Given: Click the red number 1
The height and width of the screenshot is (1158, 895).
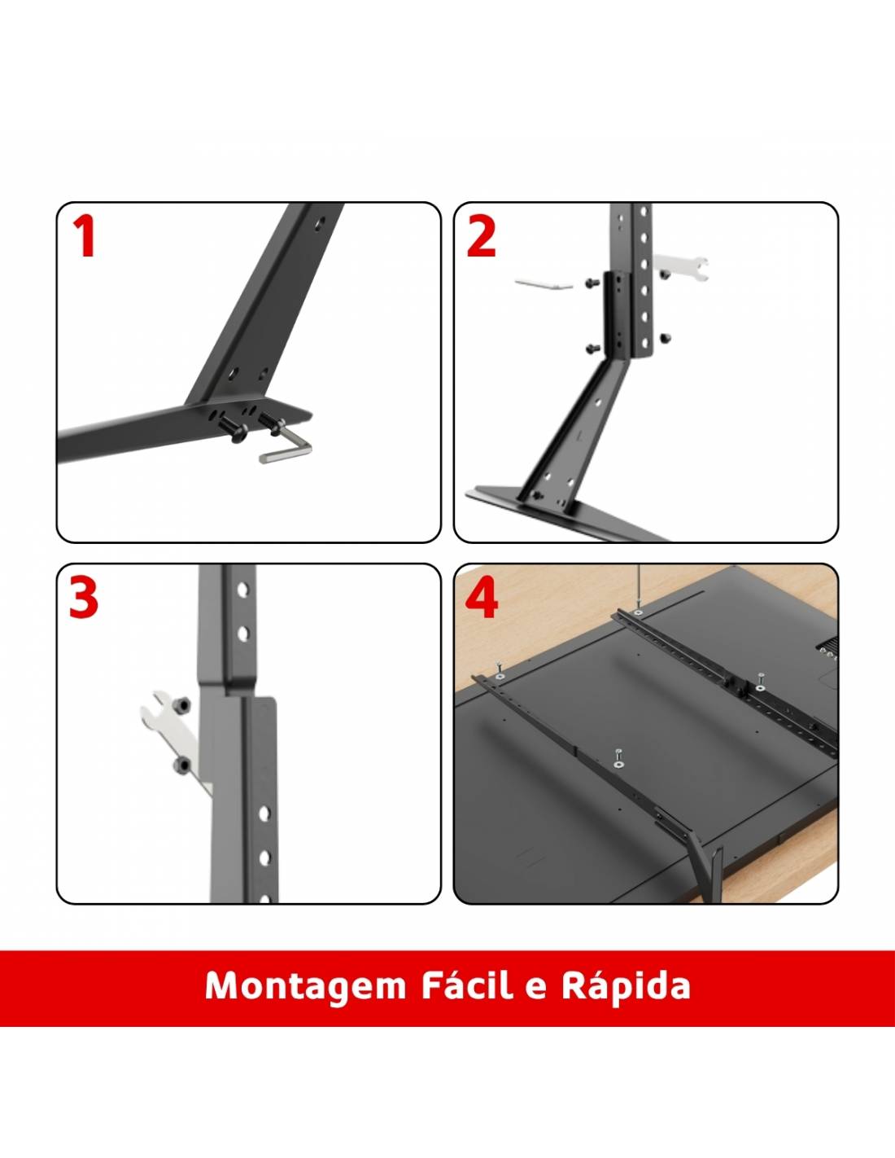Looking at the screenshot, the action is [85, 236].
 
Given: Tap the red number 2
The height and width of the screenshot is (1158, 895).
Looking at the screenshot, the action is [481, 236].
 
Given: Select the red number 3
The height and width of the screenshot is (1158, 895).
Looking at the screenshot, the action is [84, 599].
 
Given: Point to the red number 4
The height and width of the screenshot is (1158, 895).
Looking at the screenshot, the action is [482, 599].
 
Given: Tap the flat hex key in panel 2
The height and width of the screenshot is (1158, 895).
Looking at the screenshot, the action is [544, 283].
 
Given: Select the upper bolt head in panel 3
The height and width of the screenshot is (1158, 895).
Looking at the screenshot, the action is [184, 705].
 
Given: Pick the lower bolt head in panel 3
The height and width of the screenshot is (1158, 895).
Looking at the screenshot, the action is [182, 765].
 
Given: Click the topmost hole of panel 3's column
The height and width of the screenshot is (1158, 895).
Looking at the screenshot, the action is [242, 590].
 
